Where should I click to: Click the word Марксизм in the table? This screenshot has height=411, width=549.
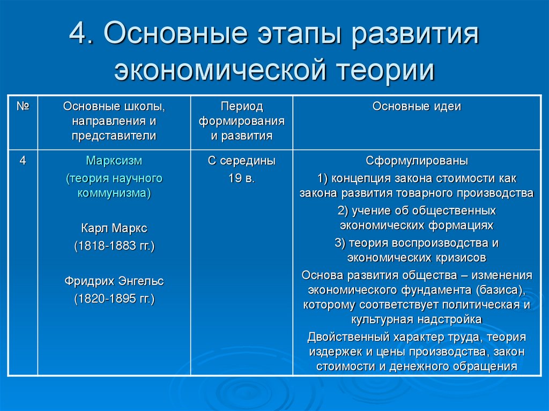(x=114, y=161)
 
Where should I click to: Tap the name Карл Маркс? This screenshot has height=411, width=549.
(x=114, y=228)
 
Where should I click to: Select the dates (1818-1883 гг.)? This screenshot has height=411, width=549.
(x=114, y=246)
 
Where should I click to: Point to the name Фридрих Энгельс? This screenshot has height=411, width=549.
(x=114, y=281)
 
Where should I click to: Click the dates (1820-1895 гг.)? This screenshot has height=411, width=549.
(x=114, y=298)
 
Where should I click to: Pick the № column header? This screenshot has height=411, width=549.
(x=23, y=106)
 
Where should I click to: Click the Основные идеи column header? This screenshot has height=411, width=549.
(x=417, y=107)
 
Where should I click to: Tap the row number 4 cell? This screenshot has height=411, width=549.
(x=23, y=161)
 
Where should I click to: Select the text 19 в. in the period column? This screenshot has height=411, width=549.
(x=242, y=178)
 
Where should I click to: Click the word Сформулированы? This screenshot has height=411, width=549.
(x=417, y=161)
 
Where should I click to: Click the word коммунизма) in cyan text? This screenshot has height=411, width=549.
(x=114, y=193)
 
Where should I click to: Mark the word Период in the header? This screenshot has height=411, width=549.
(x=242, y=107)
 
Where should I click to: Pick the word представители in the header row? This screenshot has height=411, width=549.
(x=114, y=136)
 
